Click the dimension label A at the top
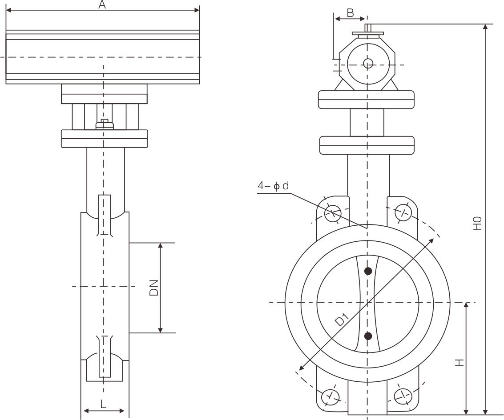[x=102, y=5]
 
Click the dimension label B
[x=350, y=13]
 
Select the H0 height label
[x=477, y=223]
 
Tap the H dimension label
[x=460, y=362]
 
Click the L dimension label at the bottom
[x=103, y=404]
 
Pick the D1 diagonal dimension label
[x=341, y=319]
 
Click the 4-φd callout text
[x=273, y=186]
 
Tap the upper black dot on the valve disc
[x=368, y=271]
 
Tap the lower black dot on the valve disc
[x=368, y=336]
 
